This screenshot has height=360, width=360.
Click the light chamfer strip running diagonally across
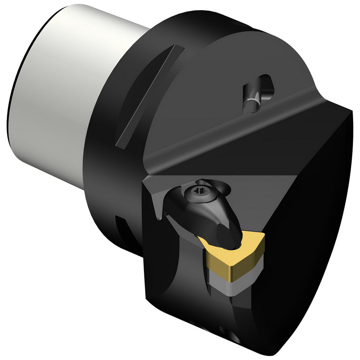pyautogui.click(x=234, y=133)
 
